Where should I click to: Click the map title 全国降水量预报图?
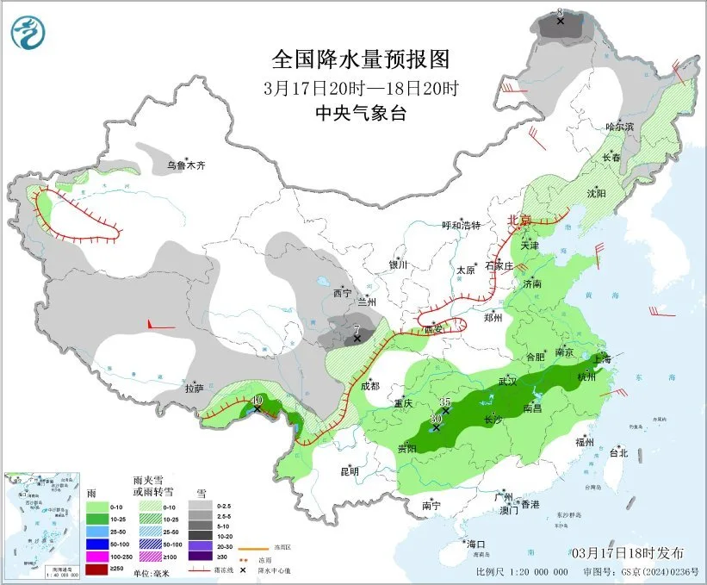361,59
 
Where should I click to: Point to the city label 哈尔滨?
618,127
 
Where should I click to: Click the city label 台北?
618,452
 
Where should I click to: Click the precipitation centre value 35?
445,402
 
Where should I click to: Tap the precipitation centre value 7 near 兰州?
357,330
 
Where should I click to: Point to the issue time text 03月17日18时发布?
628,552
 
